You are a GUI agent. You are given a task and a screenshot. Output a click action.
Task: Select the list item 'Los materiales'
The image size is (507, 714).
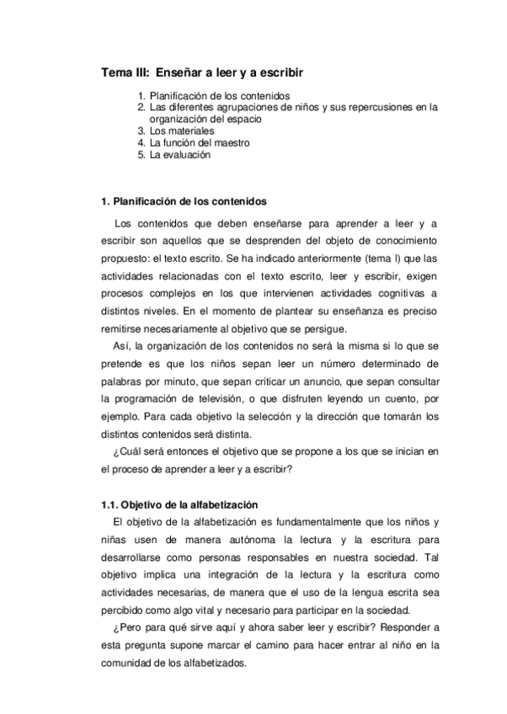pyautogui.click(x=182, y=131)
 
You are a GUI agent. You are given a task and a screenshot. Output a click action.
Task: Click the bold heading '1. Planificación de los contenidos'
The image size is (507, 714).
pyautogui.click(x=183, y=202)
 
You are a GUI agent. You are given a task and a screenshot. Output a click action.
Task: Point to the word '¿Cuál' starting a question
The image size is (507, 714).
pyautogui.click(x=125, y=451)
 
